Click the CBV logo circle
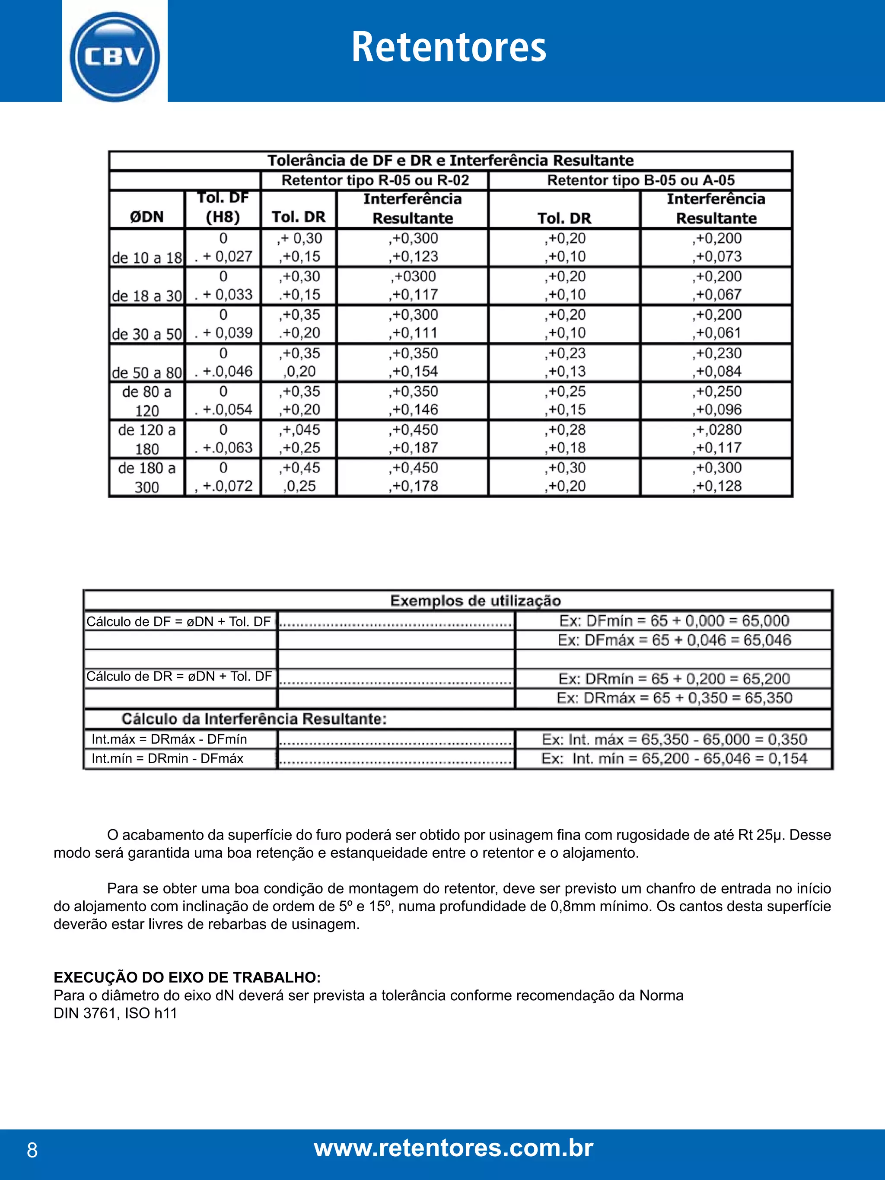[x=114, y=57]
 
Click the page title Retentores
[x=449, y=48]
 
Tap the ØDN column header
[x=146, y=217]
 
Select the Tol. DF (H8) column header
[x=223, y=207]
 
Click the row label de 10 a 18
[x=146, y=258]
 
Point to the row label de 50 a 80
[x=146, y=372]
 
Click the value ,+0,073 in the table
[x=717, y=257]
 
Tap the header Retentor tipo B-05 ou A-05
[x=641, y=180]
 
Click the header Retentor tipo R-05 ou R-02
[x=375, y=180]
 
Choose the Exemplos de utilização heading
[x=475, y=601]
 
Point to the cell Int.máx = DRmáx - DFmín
[x=169, y=739]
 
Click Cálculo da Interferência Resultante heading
[x=254, y=719]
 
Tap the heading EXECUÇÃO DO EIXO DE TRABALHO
[x=187, y=977]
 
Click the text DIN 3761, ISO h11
[x=115, y=1013]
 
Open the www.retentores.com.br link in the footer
[x=453, y=1148]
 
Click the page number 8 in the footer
[x=32, y=1151]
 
